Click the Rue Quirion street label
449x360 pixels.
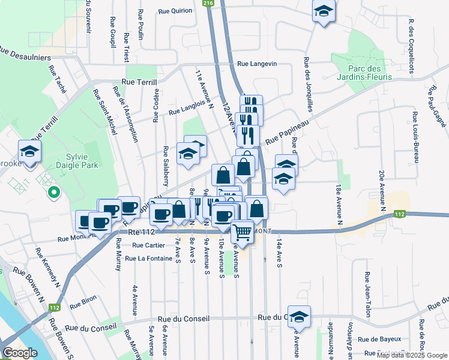(175, 11)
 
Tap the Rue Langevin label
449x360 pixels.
(257, 64)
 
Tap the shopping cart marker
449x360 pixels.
(242, 230)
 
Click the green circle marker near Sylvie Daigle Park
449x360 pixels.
(53, 193)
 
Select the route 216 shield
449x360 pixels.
(208, 4)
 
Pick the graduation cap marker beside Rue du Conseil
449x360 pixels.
(300, 317)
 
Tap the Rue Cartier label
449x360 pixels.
(148, 245)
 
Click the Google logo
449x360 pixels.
(20, 353)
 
